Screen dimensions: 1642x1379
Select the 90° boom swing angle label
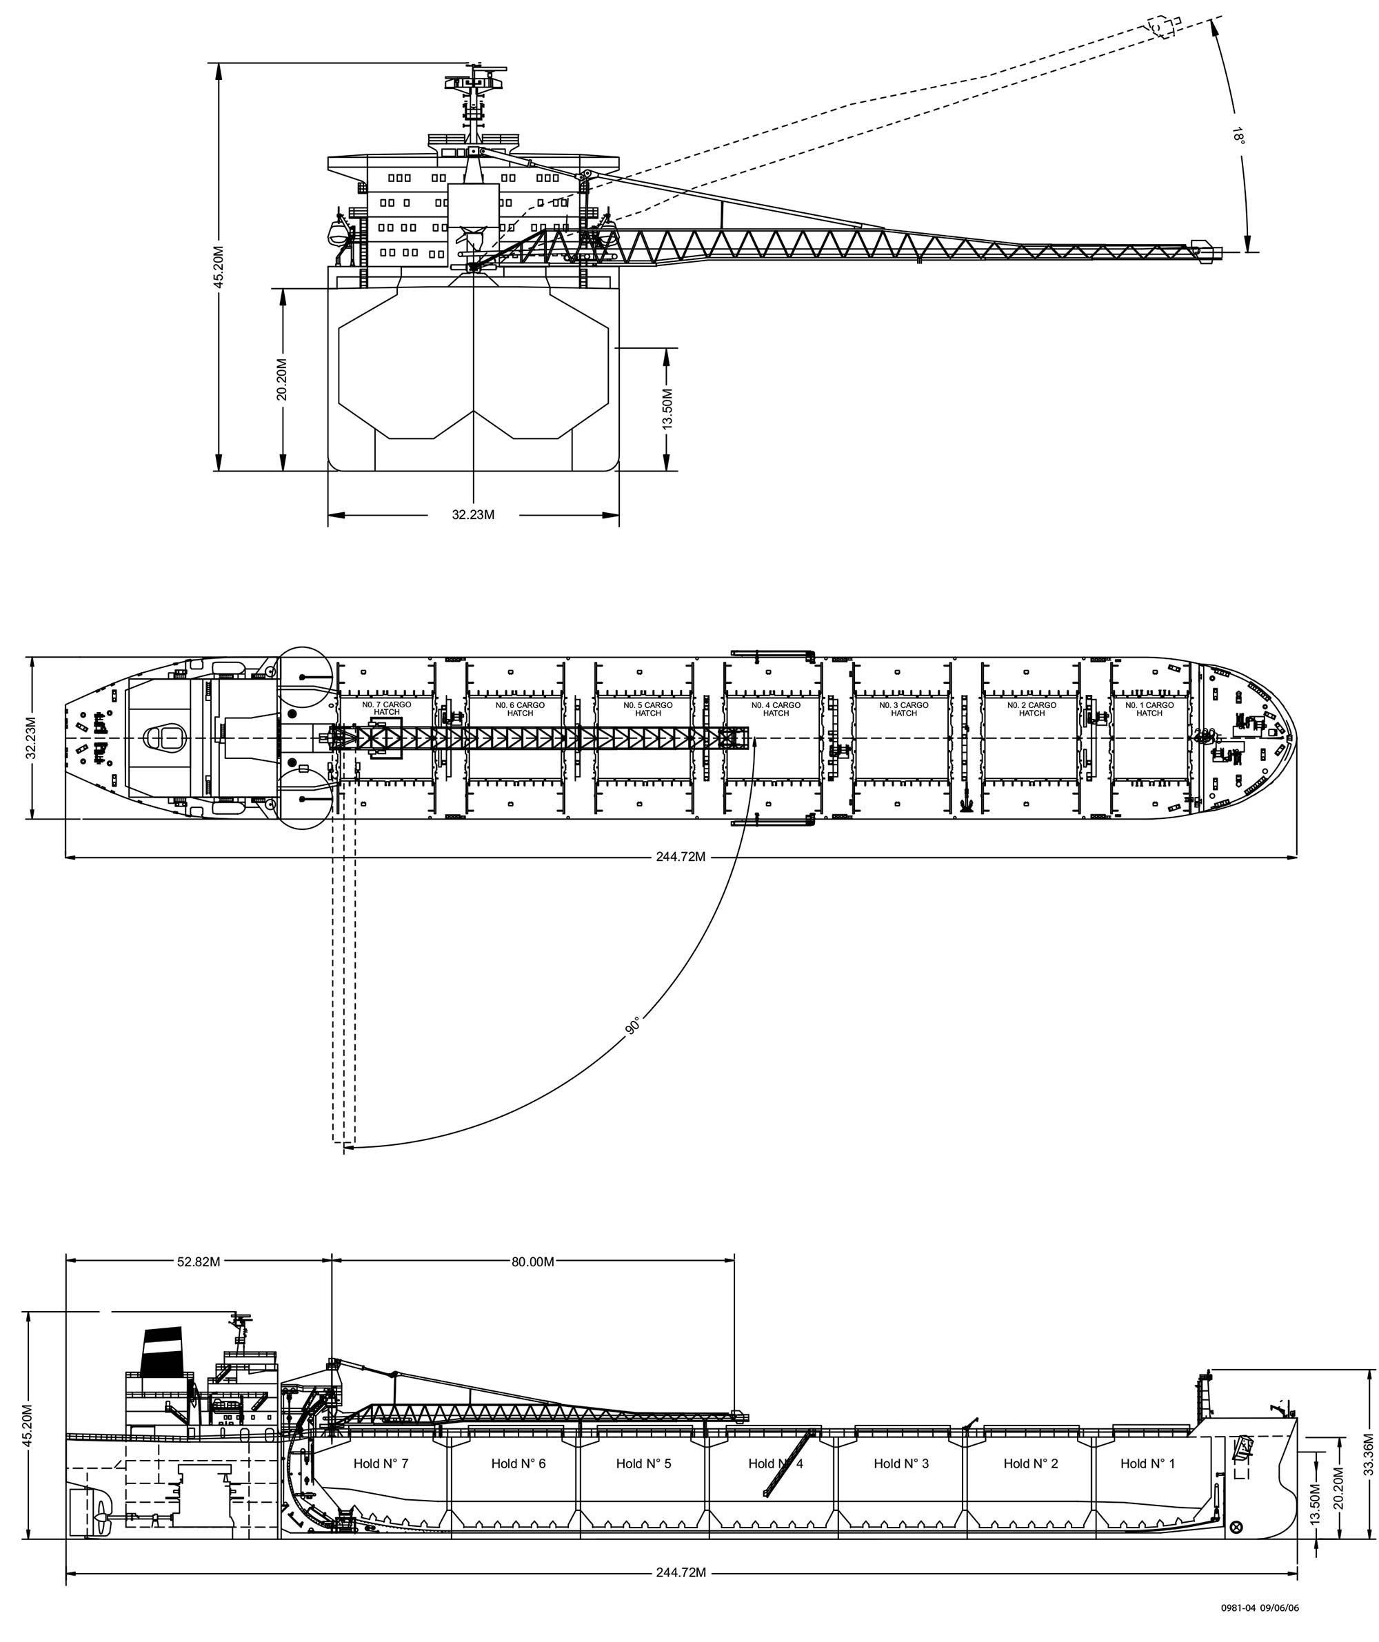coord(634,1025)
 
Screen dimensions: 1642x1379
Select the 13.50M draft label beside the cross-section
coord(667,409)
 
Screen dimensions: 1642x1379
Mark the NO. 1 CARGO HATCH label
coord(1149,709)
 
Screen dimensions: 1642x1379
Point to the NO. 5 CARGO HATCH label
coord(647,709)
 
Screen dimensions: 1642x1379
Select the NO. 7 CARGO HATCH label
coord(386,709)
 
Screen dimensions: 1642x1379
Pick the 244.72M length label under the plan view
coord(681,857)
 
